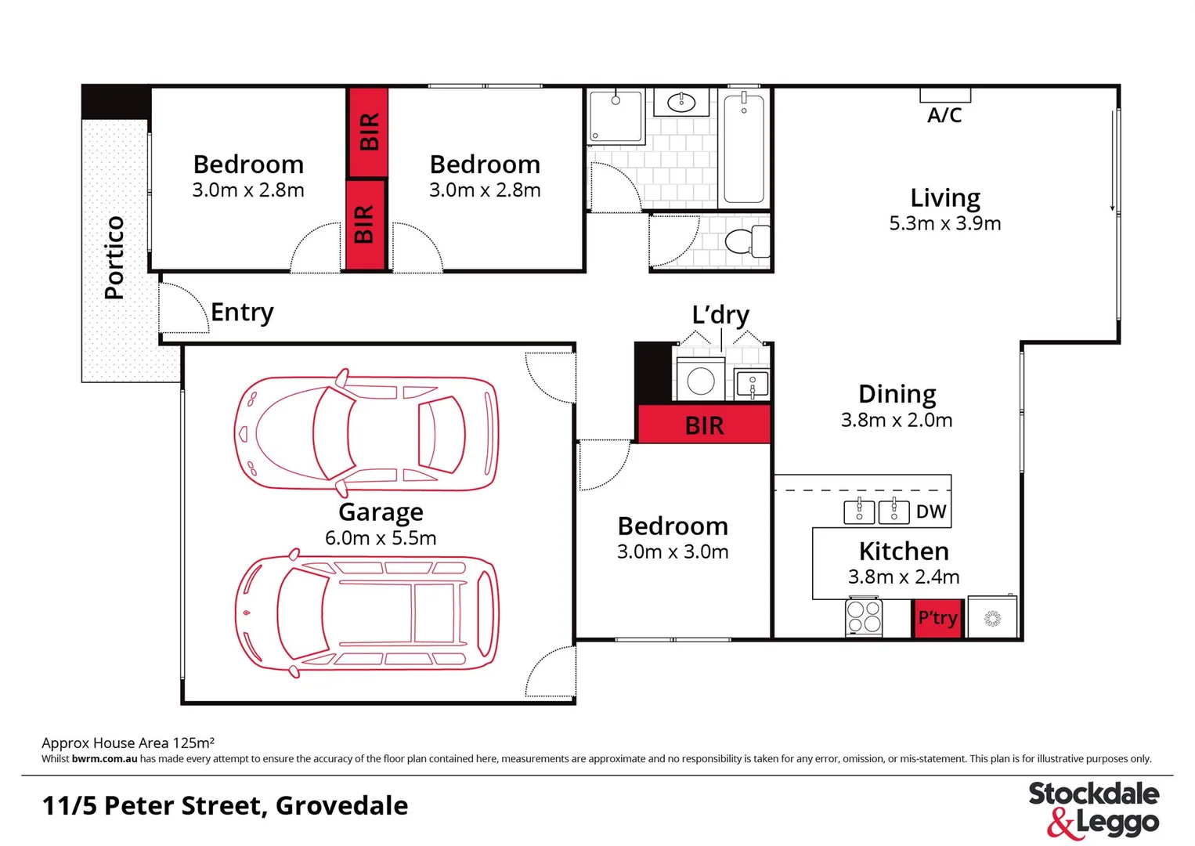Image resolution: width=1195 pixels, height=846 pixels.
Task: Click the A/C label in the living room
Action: [944, 115]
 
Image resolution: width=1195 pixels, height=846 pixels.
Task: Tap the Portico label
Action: [114, 258]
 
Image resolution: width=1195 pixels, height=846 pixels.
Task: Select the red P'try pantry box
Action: [937, 618]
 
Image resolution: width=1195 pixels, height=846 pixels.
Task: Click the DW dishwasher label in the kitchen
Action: [931, 512]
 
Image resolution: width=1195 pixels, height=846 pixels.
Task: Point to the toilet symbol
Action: [748, 241]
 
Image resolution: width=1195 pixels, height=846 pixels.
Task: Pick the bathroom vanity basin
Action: [681, 102]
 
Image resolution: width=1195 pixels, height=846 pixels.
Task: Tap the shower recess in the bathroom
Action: [616, 117]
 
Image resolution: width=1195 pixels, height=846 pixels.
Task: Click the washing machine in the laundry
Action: [700, 381]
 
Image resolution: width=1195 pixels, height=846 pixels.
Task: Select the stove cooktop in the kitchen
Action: [864, 616]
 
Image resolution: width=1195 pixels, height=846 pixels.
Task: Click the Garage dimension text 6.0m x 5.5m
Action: [381, 538]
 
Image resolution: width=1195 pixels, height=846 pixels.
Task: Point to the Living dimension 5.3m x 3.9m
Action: [944, 223]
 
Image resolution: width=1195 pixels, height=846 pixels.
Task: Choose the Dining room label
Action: [897, 393]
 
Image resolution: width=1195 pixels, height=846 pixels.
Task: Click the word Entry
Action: [242, 312]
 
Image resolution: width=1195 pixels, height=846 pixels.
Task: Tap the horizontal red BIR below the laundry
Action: [704, 425]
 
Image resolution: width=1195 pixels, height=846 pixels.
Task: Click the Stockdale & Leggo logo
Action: [1093, 808]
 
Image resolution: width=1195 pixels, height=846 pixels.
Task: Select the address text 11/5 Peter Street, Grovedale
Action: [225, 805]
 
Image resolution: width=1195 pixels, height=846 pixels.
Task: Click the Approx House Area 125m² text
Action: [128, 743]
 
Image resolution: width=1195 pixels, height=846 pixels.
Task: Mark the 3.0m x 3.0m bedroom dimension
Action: [673, 551]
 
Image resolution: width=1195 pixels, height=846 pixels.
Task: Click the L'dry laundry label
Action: [720, 315]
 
